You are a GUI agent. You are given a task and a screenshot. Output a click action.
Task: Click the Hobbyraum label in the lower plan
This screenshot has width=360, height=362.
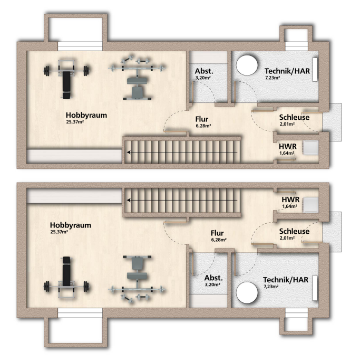click(71, 225)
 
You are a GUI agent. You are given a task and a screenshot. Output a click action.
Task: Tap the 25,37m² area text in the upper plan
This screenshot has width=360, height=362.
click(77, 122)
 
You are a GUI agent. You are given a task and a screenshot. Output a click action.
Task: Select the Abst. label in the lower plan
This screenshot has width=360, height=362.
click(210, 278)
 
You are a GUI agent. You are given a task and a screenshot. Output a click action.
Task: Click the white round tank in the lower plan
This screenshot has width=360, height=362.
click(246, 293)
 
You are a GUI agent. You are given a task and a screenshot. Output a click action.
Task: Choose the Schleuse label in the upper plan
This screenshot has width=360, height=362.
click(294, 117)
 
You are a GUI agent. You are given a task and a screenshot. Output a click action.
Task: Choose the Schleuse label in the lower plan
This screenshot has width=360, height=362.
click(294, 232)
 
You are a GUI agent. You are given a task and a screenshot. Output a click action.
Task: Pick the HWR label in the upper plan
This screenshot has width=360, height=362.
click(287, 146)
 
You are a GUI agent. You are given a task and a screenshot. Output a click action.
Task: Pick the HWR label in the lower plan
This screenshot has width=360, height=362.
click(290, 200)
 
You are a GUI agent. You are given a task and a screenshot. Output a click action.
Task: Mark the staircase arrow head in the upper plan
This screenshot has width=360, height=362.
click(128, 153)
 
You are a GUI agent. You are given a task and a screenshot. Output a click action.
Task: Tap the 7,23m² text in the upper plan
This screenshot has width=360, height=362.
click(273, 78)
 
